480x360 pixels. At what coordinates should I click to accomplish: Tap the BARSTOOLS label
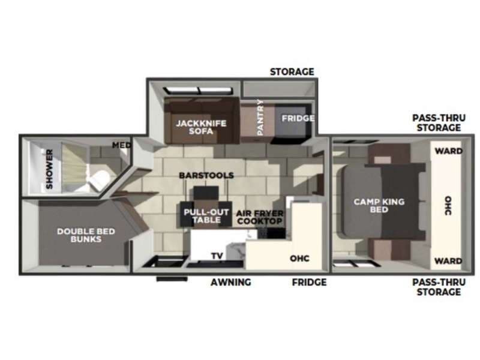206,175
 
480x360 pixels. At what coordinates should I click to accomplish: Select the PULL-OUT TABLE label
206,216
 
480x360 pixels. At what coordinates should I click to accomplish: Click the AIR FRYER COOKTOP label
260,217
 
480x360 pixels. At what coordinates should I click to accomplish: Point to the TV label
217,256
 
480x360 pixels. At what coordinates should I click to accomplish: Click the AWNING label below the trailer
231,282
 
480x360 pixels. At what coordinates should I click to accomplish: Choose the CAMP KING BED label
379,206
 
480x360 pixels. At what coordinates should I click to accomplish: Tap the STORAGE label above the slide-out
292,72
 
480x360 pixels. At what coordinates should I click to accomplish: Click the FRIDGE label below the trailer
309,282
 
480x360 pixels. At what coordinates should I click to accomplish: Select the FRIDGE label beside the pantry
298,118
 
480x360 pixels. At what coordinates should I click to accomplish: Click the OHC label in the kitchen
299,259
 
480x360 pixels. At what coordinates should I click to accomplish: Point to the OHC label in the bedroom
449,205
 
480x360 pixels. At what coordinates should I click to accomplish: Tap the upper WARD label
449,151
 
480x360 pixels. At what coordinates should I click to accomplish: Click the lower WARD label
449,261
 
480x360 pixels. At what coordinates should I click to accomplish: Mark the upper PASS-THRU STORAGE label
436,123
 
